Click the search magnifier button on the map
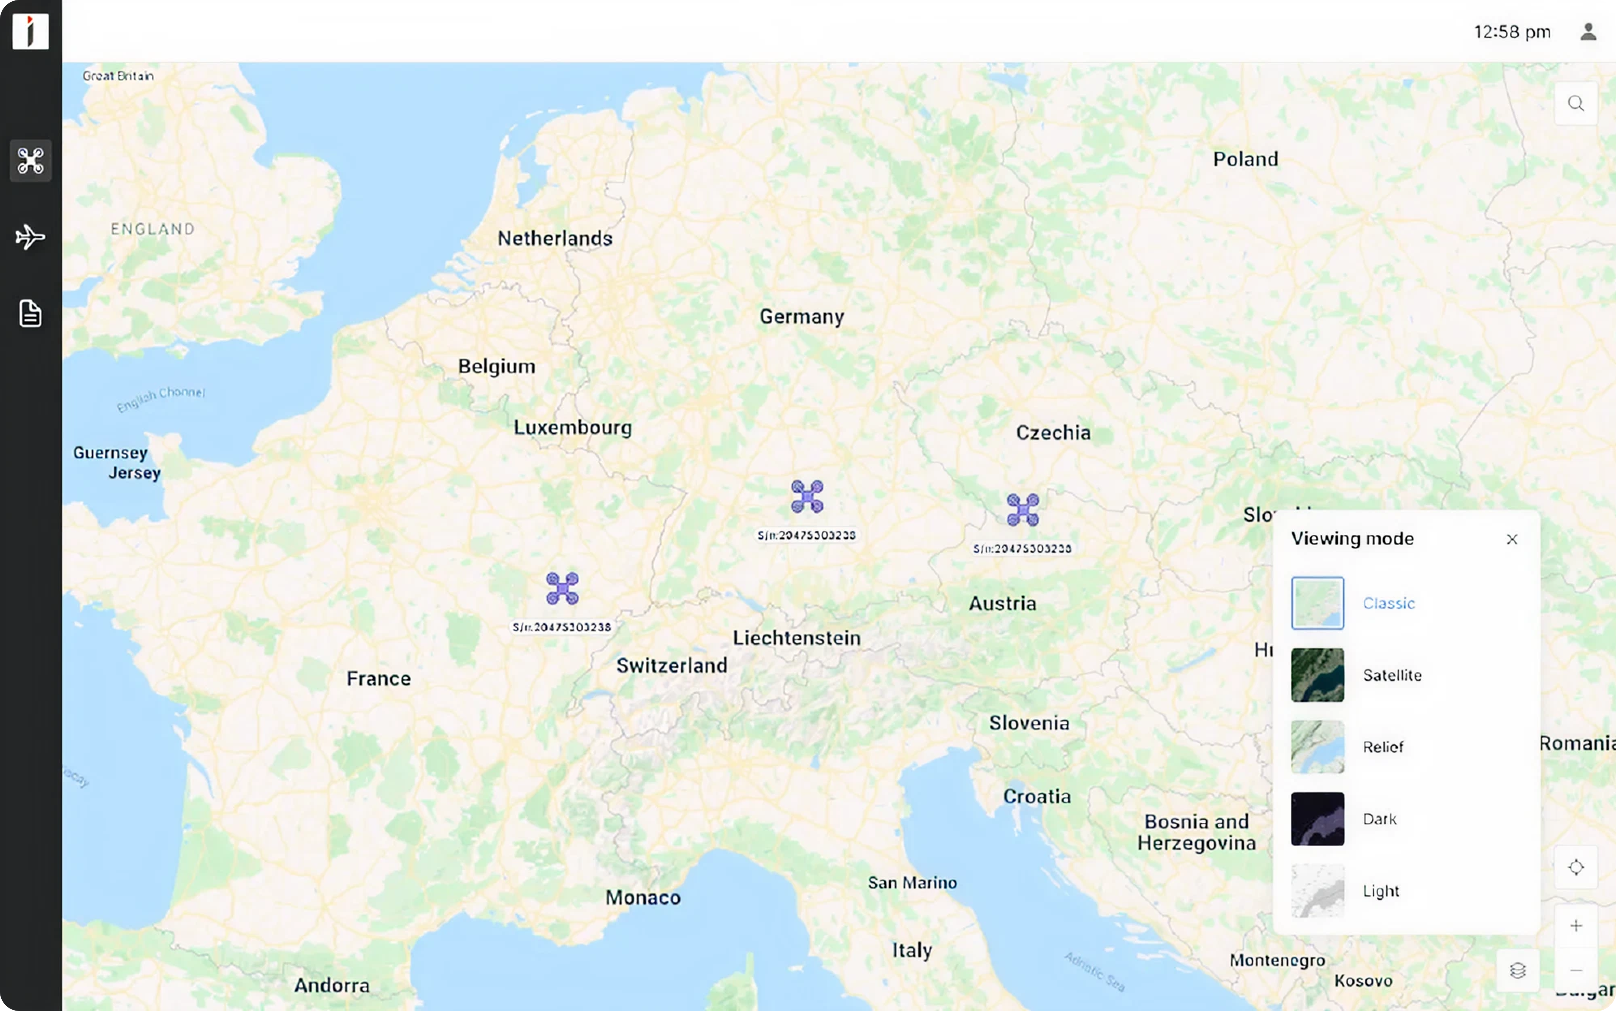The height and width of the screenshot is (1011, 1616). pyautogui.click(x=1575, y=103)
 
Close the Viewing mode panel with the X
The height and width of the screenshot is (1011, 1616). pyautogui.click(x=1512, y=539)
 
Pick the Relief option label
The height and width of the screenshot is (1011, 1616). pyautogui.click(x=1383, y=747)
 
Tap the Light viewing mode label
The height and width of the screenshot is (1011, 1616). pyautogui.click(x=1381, y=891)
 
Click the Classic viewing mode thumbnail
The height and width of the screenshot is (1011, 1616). pyautogui.click(x=1317, y=603)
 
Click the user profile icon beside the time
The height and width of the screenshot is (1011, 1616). pyautogui.click(x=1588, y=31)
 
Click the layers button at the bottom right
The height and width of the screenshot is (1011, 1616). pyautogui.click(x=1517, y=970)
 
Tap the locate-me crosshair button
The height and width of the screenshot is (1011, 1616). pyautogui.click(x=1575, y=867)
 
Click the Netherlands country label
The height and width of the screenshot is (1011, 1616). pyautogui.click(x=555, y=239)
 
